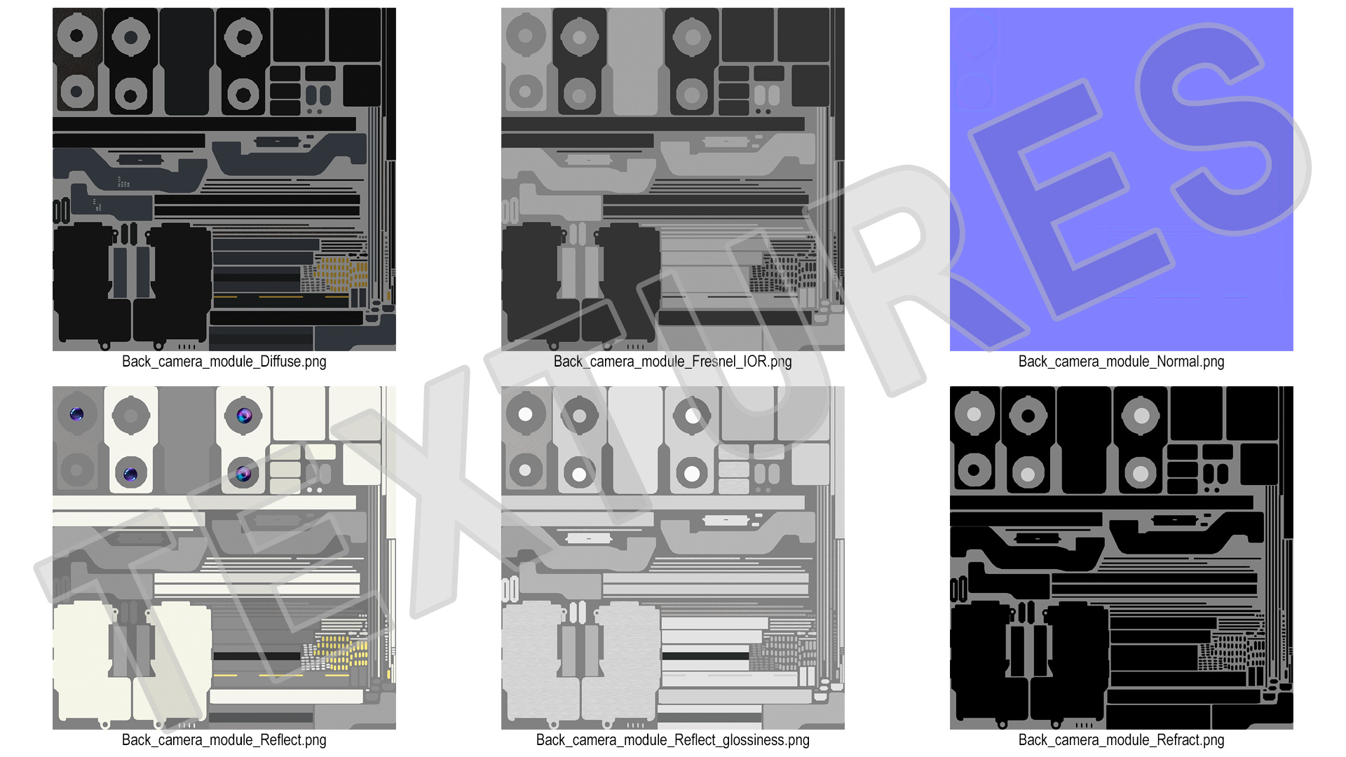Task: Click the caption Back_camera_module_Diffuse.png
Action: pos(224,362)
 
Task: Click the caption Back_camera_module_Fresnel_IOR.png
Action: pos(673,362)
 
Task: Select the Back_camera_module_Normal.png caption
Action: pos(1122,362)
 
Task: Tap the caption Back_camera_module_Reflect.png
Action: pos(224,740)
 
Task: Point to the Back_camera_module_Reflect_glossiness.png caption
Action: pos(673,740)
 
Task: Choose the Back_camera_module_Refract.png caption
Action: pos(1122,740)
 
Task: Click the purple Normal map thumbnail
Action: pos(1122,179)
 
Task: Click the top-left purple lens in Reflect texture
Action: pos(77,414)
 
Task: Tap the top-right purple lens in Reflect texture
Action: pos(244,416)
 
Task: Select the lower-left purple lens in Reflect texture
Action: pos(130,475)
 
